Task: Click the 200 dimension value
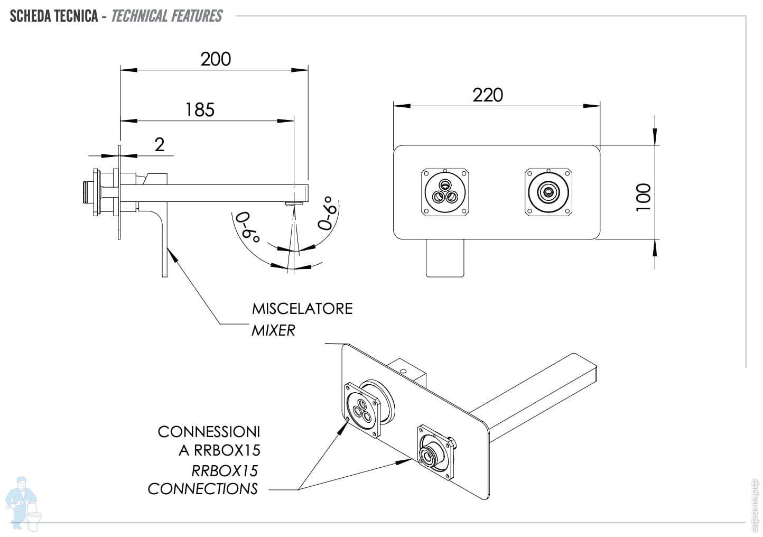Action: tap(216, 59)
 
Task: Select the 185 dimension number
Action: tap(200, 110)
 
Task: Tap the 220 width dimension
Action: tap(487, 95)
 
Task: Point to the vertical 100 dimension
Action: tap(643, 197)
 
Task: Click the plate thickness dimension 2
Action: tap(160, 144)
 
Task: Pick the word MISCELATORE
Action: tap(302, 308)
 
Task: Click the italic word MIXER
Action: tap(273, 330)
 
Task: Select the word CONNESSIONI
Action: tap(209, 431)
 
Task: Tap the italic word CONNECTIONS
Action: tap(202, 488)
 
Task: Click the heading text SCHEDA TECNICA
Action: tap(54, 16)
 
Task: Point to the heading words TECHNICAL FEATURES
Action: tap(166, 16)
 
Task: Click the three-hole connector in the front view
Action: tap(445, 192)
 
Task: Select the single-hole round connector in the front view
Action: tap(548, 192)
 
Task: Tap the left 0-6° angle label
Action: tap(248, 227)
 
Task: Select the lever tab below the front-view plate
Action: tap(445, 257)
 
